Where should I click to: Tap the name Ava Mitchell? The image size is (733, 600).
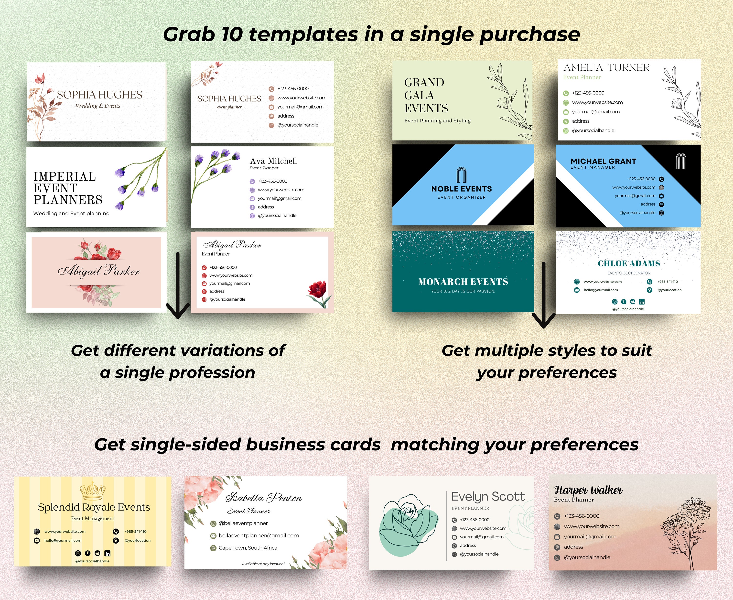tap(273, 161)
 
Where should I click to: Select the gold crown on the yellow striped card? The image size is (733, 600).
tap(92, 491)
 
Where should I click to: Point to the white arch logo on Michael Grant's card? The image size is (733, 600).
tap(681, 161)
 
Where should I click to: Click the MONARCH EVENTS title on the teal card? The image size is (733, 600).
tap(463, 282)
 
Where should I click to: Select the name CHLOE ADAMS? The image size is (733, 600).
tap(629, 263)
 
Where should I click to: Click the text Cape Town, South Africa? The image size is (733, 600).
tap(248, 548)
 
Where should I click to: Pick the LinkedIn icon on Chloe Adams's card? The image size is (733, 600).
tap(642, 302)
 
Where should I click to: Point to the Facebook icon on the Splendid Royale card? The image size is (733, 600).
tap(88, 553)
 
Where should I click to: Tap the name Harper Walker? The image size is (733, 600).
tap(588, 490)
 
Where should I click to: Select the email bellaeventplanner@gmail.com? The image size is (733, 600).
tap(259, 536)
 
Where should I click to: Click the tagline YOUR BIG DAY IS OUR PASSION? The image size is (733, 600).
tap(463, 291)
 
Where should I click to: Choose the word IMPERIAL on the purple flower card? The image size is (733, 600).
tap(65, 177)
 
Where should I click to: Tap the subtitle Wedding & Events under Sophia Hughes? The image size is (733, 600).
tap(98, 106)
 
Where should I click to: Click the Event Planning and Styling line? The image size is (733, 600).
tap(438, 121)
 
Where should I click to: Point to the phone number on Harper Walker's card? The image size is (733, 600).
tap(582, 516)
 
